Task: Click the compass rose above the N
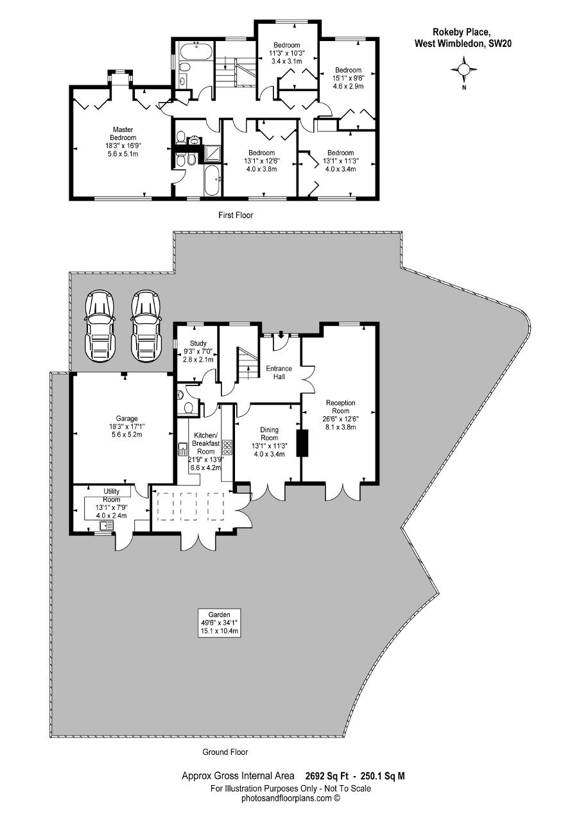pos(464,69)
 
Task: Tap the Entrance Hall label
pos(279,373)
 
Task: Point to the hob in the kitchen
pos(227,447)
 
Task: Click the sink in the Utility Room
pos(107,527)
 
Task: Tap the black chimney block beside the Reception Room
pos(303,443)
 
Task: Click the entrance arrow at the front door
pos(281,335)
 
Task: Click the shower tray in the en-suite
pos(211,153)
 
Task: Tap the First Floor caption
pos(236,215)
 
